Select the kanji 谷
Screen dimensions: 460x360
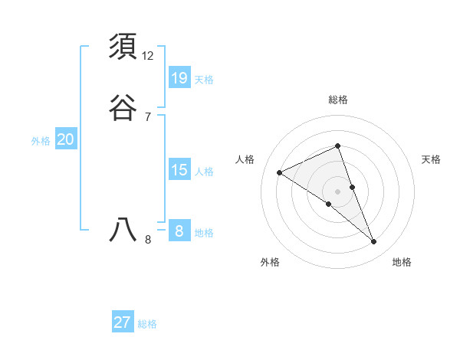(123, 108)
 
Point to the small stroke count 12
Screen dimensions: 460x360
(148, 56)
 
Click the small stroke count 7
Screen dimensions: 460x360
(148, 117)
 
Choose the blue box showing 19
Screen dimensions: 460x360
(179, 77)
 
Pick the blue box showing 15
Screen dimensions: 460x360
(179, 170)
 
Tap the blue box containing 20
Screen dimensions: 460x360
(66, 139)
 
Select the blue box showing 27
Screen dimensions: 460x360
(123, 322)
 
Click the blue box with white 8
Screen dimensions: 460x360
(179, 231)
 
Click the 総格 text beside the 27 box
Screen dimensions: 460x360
(147, 324)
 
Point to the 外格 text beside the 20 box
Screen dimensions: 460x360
(41, 141)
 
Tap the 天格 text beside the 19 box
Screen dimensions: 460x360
(204, 79)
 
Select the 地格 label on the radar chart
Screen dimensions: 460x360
(402, 262)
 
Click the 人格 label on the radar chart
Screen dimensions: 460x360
(245, 159)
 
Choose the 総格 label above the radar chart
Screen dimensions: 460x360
(338, 100)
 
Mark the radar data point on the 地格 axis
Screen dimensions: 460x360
(374, 242)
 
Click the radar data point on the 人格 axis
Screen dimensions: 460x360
(280, 172)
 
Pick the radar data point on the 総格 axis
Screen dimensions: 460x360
(338, 146)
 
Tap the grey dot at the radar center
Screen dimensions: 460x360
(338, 191)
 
